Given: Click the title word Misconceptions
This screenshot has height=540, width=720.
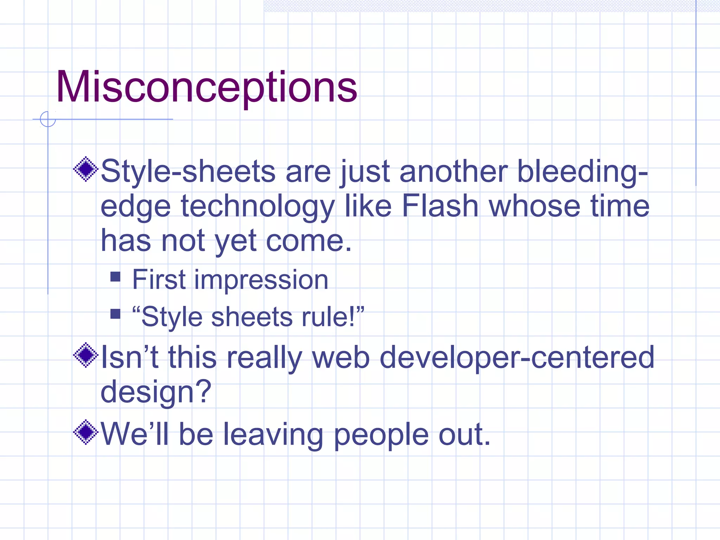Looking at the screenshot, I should point(207,87).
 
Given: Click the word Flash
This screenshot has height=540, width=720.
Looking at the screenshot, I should point(440,206).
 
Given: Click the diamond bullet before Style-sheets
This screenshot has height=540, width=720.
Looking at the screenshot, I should point(85,169).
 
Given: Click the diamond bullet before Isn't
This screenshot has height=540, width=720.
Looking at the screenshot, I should point(85,355).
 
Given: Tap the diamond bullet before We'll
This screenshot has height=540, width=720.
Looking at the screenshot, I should point(85,432).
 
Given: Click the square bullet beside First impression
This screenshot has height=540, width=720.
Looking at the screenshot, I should point(115,277).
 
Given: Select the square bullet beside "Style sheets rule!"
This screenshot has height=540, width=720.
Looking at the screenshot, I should point(115,314).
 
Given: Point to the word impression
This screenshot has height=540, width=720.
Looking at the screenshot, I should point(261,280).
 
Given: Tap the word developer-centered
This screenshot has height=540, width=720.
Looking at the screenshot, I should point(517,358).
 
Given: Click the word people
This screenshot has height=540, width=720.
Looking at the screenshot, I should point(381,435).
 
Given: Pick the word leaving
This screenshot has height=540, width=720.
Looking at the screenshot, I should point(273,435).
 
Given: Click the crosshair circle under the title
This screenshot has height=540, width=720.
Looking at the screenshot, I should point(48,119).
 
